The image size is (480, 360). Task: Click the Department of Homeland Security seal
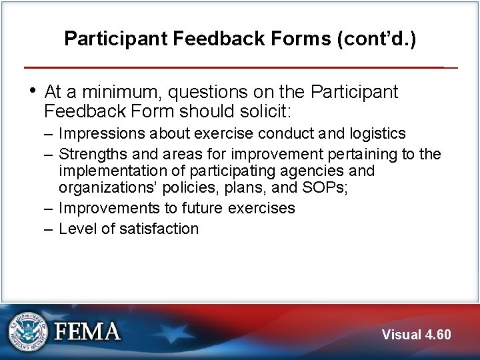click(29, 331)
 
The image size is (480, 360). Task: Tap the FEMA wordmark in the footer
click(87, 332)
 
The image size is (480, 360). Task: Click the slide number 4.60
click(438, 335)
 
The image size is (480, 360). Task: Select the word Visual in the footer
click(402, 335)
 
